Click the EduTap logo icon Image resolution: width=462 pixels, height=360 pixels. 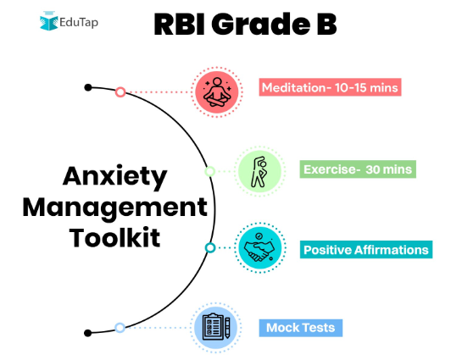pyautogui.click(x=49, y=21)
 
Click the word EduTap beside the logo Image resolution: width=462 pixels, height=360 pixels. pyautogui.click(x=79, y=22)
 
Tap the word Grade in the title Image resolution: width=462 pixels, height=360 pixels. pyautogui.click(x=261, y=24)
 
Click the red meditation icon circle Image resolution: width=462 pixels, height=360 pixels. pyautogui.click(x=217, y=92)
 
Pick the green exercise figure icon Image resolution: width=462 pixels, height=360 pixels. pyautogui.click(x=259, y=172)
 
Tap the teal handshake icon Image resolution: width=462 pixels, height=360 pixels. pyautogui.click(x=260, y=248)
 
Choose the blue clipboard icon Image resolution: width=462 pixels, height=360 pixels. pyautogui.click(x=216, y=328)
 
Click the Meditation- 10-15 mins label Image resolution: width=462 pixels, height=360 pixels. pyautogui.click(x=330, y=87)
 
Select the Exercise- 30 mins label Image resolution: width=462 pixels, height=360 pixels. pyautogui.click(x=358, y=169)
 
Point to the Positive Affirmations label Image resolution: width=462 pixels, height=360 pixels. pyautogui.click(x=366, y=250)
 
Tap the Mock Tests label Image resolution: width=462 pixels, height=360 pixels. pyautogui.click(x=301, y=328)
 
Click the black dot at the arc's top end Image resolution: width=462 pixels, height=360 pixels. pyautogui.click(x=88, y=87)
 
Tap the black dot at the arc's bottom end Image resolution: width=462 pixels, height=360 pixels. pyautogui.click(x=87, y=333)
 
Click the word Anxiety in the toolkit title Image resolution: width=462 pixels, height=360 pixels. pyautogui.click(x=115, y=177)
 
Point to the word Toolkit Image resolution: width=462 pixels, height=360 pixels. pyautogui.click(x=115, y=237)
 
